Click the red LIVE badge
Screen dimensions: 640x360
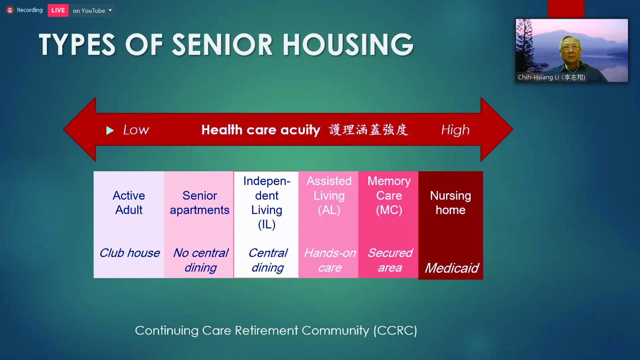coord(58,11)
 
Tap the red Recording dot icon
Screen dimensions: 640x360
coord(10,10)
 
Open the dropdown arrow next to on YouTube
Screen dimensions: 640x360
coord(110,10)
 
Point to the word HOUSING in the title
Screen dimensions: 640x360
coord(348,44)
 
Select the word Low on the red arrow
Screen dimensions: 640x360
coord(136,130)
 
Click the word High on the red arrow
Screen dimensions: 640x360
coord(455,130)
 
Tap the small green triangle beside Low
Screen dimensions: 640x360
coord(109,131)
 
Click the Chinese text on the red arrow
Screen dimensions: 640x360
coord(369,130)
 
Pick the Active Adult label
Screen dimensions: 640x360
coord(129,203)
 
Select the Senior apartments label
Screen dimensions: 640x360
coord(199,203)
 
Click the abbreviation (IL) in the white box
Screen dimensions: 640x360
coord(266,224)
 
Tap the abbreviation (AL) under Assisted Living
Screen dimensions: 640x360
coord(329,210)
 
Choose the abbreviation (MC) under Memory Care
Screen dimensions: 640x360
coord(389,210)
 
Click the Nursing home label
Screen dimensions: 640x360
coord(451,203)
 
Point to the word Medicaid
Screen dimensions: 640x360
coord(451,268)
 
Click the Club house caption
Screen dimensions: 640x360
coord(130,253)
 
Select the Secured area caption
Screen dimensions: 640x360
coord(390,260)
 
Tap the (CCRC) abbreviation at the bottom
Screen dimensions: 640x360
coord(396,331)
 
